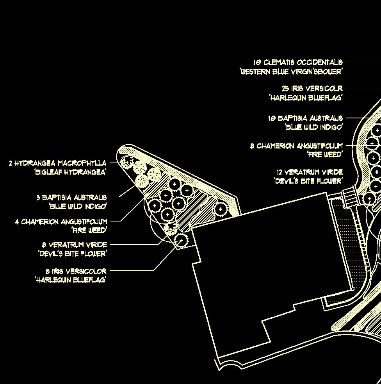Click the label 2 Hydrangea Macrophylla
coord(57,163)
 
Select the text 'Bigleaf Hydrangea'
coord(70,172)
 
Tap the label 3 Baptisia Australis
coord(71,197)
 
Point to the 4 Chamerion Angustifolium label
coord(61,221)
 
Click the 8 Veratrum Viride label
coord(74,245)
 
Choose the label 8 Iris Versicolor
coord(76,271)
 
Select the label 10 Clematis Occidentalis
coord(297,62)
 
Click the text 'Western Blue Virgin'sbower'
coord(291,71)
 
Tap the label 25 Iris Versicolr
coord(312,88)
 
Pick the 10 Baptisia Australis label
coord(305,118)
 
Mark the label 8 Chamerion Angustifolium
coord(296,146)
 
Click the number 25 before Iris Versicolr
coord(286,88)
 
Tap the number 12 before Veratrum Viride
coord(280,172)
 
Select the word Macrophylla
coord(82,163)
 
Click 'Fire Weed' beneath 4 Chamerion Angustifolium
coord(89,230)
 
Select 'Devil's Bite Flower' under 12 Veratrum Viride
coord(308,181)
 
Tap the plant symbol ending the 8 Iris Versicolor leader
coord(181,240)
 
